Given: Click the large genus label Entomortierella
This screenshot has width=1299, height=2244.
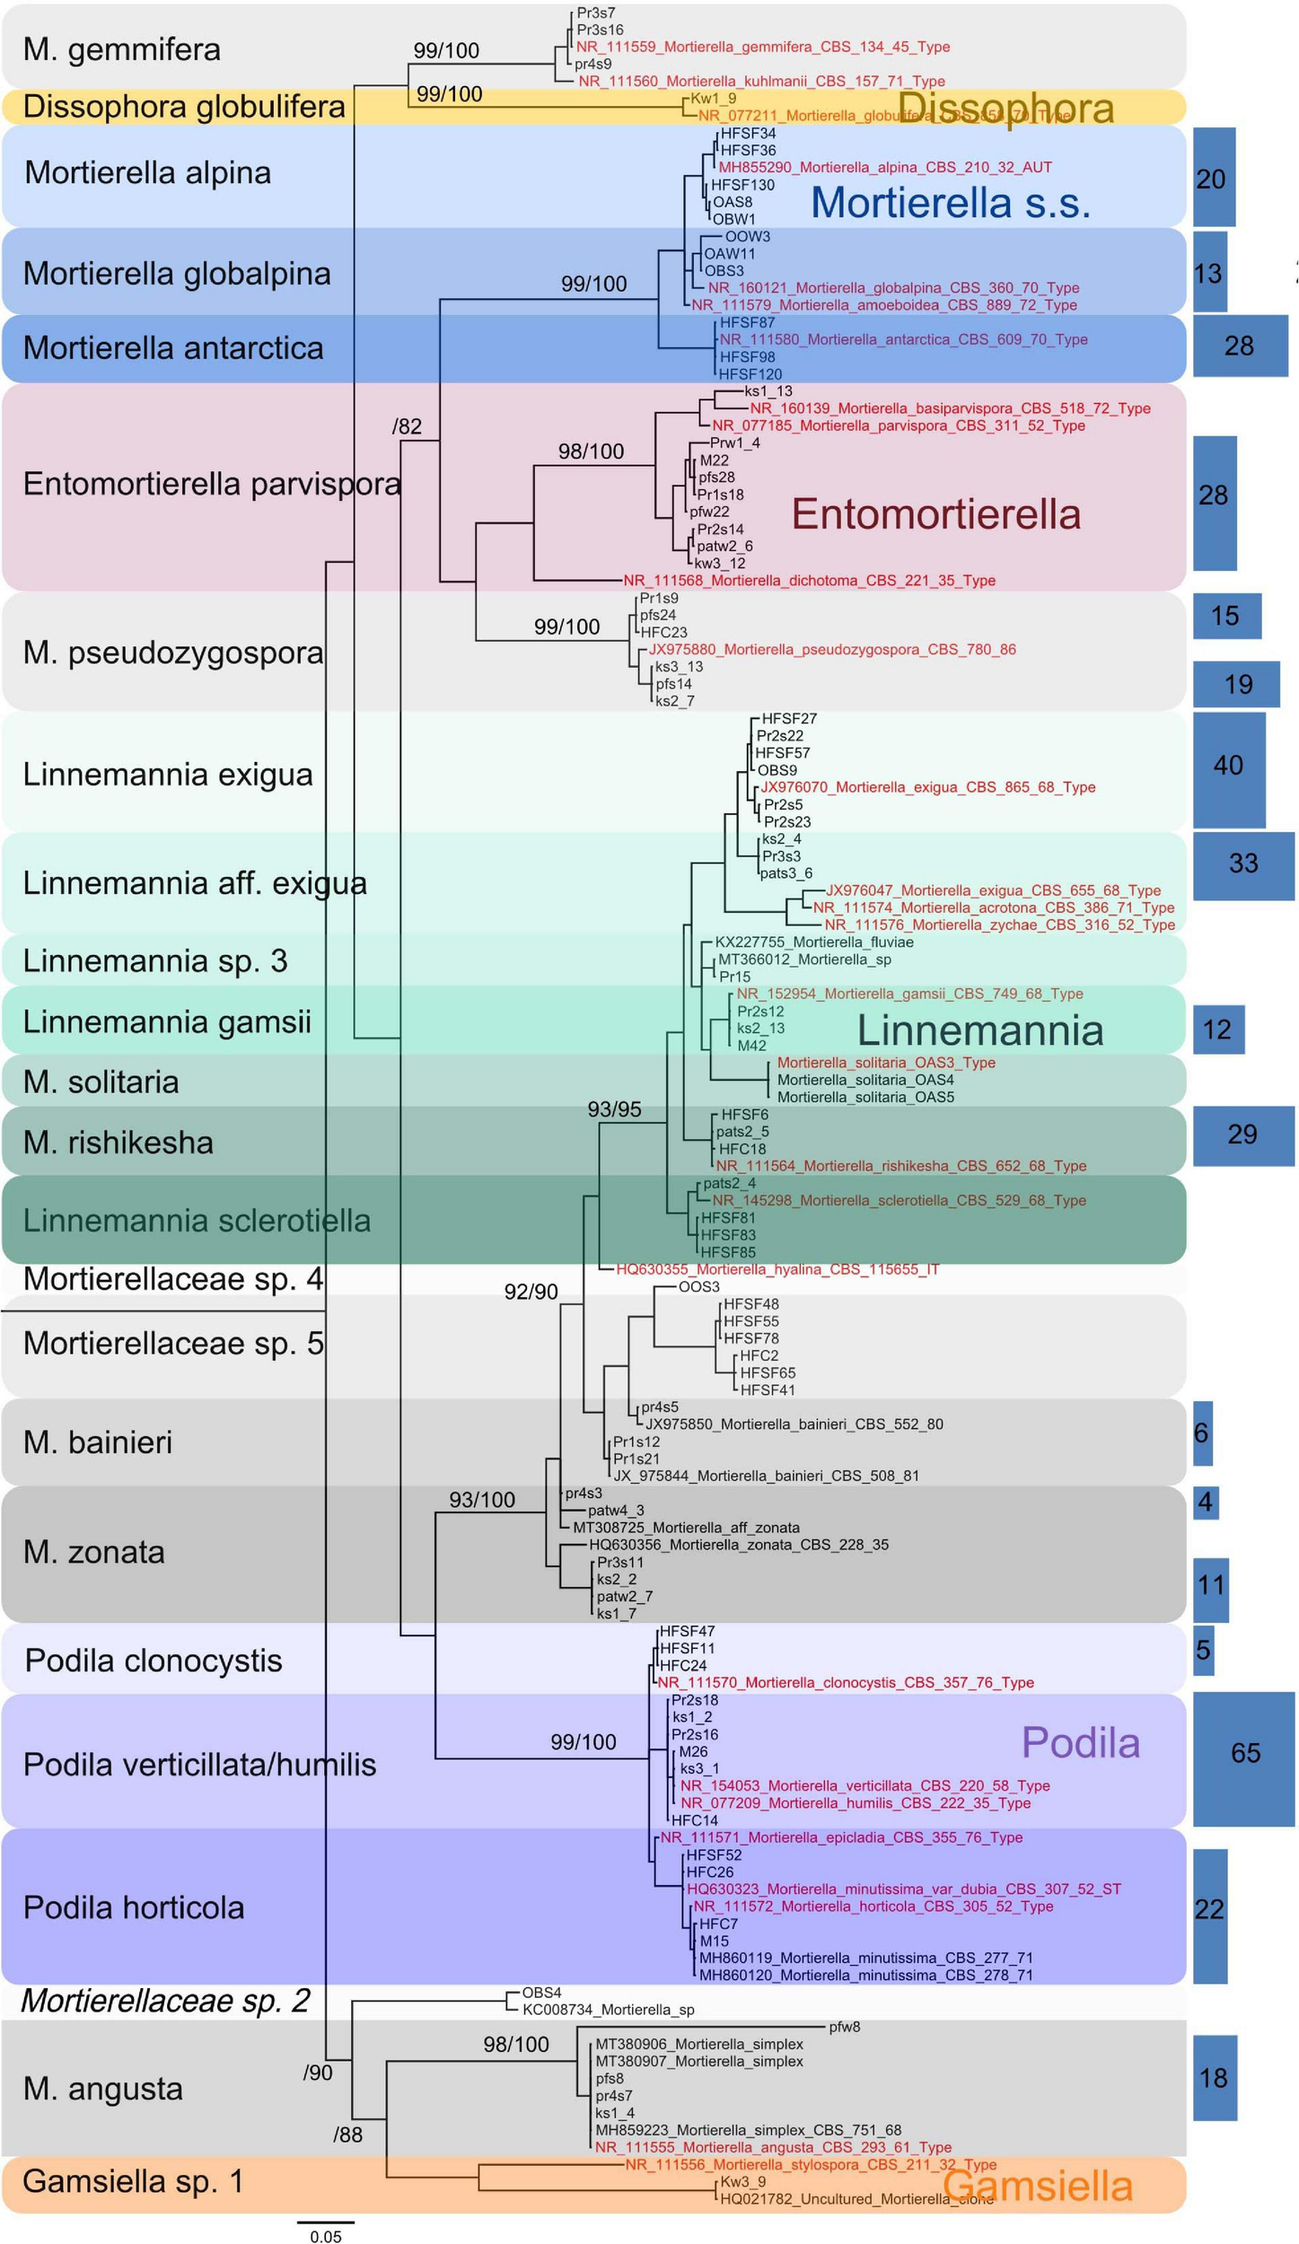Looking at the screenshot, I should pyautogui.click(x=935, y=514).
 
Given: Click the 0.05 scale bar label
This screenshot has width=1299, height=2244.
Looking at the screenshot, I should pyautogui.click(x=326, y=2229).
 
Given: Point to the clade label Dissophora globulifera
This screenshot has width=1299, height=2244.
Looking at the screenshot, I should pyautogui.click(x=184, y=106).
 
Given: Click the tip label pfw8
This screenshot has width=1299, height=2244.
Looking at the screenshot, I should pyautogui.click(x=844, y=2026).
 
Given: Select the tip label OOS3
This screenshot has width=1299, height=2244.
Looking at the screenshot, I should pyautogui.click(x=698, y=1286).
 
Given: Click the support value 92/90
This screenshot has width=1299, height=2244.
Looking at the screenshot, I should pyautogui.click(x=531, y=1292).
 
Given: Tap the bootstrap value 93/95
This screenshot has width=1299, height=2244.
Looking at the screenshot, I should pyautogui.click(x=614, y=1109).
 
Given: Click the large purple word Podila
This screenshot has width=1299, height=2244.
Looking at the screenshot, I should pyautogui.click(x=1080, y=1743).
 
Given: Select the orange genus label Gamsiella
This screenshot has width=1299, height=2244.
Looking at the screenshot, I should pyautogui.click(x=1037, y=2186).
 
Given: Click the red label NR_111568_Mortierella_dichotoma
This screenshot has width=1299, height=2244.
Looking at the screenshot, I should pyautogui.click(x=809, y=581).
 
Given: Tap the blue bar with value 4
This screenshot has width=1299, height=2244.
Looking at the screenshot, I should pyautogui.click(x=1205, y=1502).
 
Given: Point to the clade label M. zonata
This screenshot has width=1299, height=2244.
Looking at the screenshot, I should pyautogui.click(x=94, y=1552).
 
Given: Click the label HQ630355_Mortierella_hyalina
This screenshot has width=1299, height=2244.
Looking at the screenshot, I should pyautogui.click(x=777, y=1269).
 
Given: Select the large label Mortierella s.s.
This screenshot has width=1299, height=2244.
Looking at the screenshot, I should pyautogui.click(x=950, y=202).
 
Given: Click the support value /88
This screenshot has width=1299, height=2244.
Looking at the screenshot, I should pyautogui.click(x=347, y=2135).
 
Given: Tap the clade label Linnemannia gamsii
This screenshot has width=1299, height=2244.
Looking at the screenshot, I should pyautogui.click(x=167, y=1021).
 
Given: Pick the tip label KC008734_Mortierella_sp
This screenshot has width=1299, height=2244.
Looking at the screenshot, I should pyautogui.click(x=608, y=2010).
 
